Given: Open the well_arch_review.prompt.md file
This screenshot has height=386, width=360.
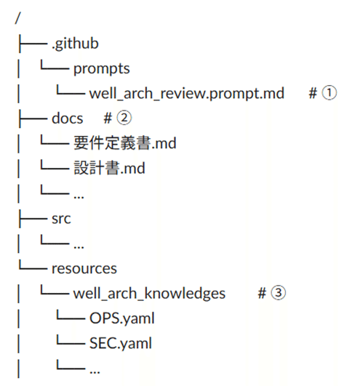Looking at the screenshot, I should click(187, 94).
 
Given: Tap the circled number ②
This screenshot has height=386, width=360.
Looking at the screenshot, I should click(124, 118).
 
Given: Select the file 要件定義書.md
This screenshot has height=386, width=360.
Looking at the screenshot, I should click(124, 143).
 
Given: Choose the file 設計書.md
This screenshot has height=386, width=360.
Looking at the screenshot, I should click(109, 169).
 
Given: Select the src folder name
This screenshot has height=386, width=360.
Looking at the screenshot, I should click(61, 218).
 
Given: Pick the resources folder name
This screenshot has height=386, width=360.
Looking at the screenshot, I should click(84, 268).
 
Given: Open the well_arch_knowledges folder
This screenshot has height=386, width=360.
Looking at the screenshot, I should click(149, 293).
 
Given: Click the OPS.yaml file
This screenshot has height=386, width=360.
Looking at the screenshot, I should click(122, 318).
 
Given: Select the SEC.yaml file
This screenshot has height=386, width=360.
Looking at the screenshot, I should click(121, 343).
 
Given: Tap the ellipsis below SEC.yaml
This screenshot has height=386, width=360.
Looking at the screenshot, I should click(94, 369).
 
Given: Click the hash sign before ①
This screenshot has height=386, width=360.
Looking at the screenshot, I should click(312, 94).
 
